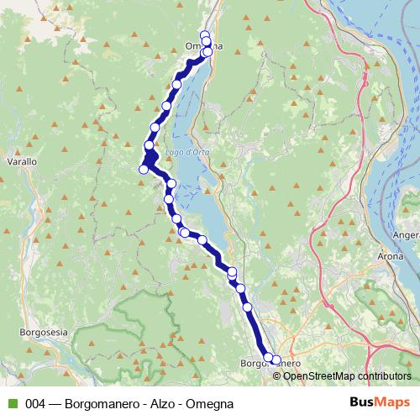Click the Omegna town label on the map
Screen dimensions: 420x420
[x=202, y=46]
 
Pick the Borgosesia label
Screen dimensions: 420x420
[x=42, y=333]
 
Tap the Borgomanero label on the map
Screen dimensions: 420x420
[x=267, y=365]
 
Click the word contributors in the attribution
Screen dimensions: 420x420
[x=385, y=376]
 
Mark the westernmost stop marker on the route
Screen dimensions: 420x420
[x=144, y=169]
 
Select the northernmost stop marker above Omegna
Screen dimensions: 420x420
[x=204, y=35]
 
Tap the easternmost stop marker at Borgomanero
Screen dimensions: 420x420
[x=276, y=360]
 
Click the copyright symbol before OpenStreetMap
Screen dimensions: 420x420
[x=278, y=376]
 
